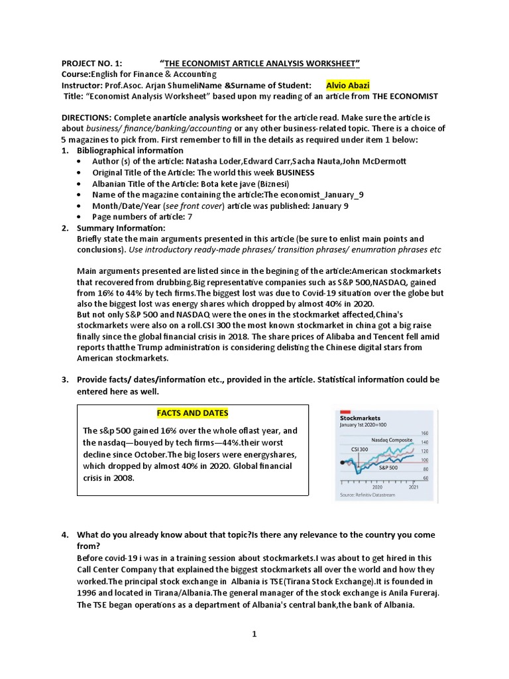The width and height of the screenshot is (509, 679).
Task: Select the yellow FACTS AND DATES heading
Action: [x=192, y=413]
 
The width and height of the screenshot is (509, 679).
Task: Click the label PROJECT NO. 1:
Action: [x=91, y=63]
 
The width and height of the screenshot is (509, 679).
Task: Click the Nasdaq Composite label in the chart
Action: [x=392, y=440]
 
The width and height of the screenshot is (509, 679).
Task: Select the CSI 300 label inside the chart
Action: [x=359, y=449]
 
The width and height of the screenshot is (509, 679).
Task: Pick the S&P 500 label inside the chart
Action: [x=389, y=467]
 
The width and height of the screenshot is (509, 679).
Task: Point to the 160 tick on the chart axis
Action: [x=425, y=433]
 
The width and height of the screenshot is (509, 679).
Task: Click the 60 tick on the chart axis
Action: [x=425, y=477]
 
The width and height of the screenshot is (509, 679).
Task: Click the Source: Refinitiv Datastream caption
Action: [x=368, y=495]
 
